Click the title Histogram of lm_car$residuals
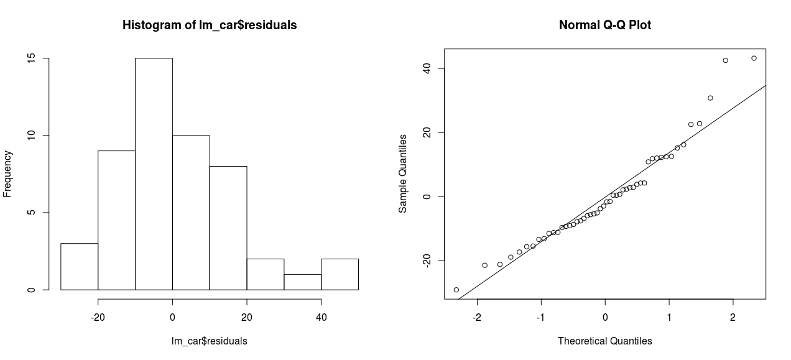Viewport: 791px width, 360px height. [x=210, y=25]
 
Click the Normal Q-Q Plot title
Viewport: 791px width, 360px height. [x=604, y=25]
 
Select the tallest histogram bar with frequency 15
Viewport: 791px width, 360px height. [x=154, y=174]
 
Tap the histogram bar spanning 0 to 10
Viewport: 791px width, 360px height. [x=191, y=213]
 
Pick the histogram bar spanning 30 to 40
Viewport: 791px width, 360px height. [x=302, y=282]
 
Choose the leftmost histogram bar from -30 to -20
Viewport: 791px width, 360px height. [x=79, y=267]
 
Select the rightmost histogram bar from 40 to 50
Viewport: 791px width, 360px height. [x=340, y=274]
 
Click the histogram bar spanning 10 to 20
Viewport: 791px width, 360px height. [x=228, y=228]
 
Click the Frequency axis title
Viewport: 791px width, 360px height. [x=8, y=174]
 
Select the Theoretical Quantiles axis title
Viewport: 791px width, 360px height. [x=604, y=341]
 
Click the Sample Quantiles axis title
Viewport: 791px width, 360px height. [x=403, y=174]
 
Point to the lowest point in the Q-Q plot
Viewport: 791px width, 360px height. [x=456, y=290]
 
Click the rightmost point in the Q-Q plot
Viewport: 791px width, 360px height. [x=754, y=58]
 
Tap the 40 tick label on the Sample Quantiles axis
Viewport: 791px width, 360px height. [x=427, y=68]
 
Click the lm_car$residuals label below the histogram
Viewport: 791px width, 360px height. [x=210, y=341]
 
